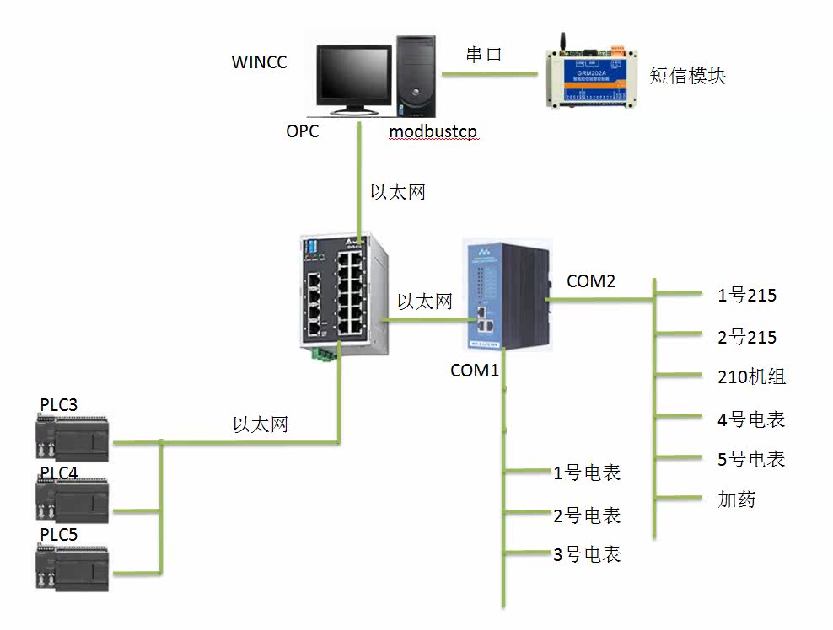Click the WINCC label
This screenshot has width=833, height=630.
[x=259, y=63]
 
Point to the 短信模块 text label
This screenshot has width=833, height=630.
[x=687, y=76]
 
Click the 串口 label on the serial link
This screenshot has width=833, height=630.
[x=484, y=55]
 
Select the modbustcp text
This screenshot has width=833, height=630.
[x=433, y=132]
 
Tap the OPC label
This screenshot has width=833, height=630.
[x=302, y=131]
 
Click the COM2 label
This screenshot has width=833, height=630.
[x=591, y=281]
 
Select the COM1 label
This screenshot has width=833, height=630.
[x=475, y=370]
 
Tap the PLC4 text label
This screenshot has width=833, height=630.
[x=59, y=472]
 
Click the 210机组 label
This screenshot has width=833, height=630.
[x=751, y=377]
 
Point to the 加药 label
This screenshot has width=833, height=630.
[x=736, y=499]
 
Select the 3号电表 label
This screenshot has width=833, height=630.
[x=587, y=555]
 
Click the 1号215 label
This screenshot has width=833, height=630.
[x=747, y=296]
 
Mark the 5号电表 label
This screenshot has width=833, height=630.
[x=750, y=460]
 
